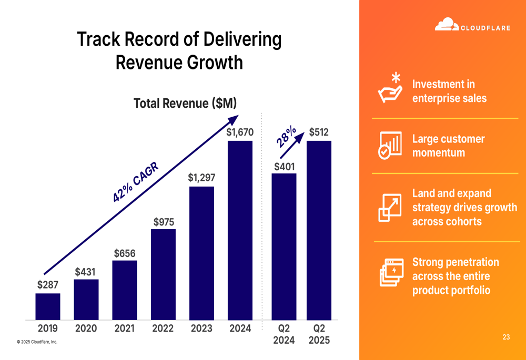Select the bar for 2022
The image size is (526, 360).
pos(163,274)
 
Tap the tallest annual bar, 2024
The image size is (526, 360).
pos(240,230)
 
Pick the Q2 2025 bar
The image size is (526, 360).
pos(319,230)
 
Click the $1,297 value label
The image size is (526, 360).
pos(201,178)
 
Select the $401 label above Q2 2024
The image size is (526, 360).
pos(284,167)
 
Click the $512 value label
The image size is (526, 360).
pos(319,132)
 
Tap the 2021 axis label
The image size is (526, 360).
pos(125,328)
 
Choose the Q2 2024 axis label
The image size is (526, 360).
pos(284,334)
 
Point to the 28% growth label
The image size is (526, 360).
pos(287,137)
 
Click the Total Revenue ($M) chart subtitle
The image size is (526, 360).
pos(185,104)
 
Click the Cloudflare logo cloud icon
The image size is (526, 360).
pos(446,25)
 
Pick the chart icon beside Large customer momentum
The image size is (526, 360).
pos(390,146)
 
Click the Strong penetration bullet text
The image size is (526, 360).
pos(456,276)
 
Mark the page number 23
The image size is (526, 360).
pos(506,337)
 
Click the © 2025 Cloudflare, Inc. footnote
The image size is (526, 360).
pos(37,342)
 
